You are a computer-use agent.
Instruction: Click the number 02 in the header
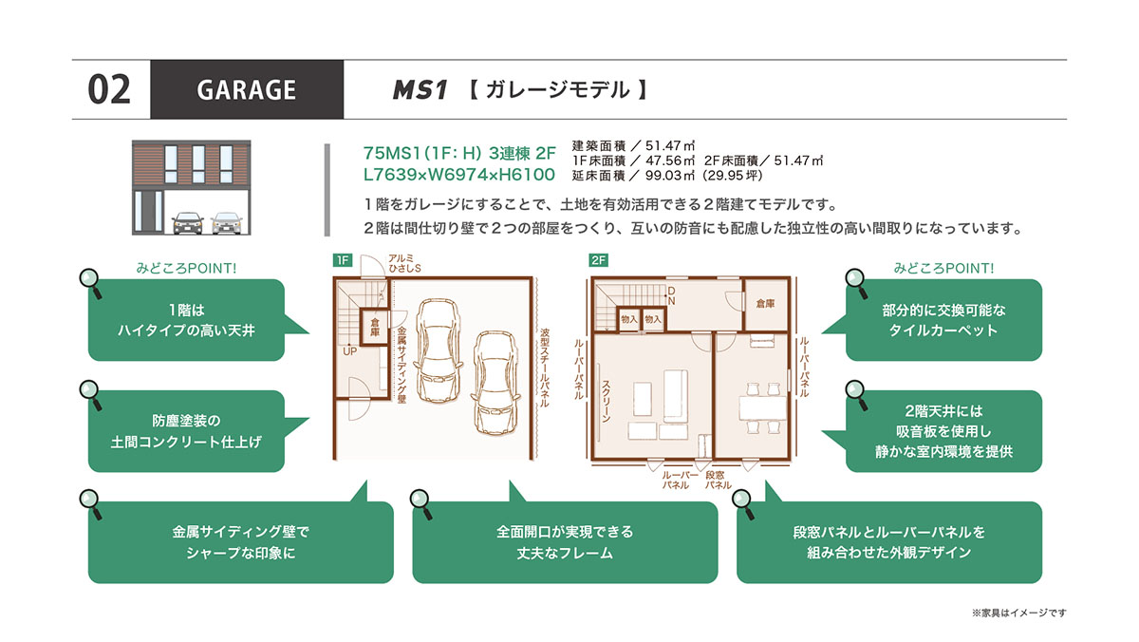click(109, 89)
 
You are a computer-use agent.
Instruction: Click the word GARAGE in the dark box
click(247, 89)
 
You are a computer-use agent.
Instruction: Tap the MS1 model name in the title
click(420, 90)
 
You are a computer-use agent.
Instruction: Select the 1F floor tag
click(343, 260)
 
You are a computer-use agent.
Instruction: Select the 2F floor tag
click(599, 260)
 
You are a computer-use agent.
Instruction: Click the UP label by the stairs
click(349, 351)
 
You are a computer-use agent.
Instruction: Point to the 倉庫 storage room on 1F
click(375, 327)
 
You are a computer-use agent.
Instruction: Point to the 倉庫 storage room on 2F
click(765, 304)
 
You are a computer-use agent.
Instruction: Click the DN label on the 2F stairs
click(671, 295)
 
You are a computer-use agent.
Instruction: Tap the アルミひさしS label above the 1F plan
click(404, 263)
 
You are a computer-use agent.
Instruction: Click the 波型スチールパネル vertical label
click(544, 368)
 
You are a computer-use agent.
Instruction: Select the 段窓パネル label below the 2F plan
click(718, 481)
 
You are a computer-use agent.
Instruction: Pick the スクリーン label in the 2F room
click(607, 402)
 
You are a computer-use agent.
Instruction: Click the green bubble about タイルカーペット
click(943, 320)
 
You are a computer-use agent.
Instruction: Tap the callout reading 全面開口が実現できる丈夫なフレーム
click(565, 542)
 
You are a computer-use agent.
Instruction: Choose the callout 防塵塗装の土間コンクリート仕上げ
click(186, 431)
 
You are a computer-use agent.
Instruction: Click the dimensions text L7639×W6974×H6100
click(458, 175)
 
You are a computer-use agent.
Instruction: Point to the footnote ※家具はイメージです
click(1019, 613)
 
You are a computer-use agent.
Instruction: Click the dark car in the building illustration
click(188, 223)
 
